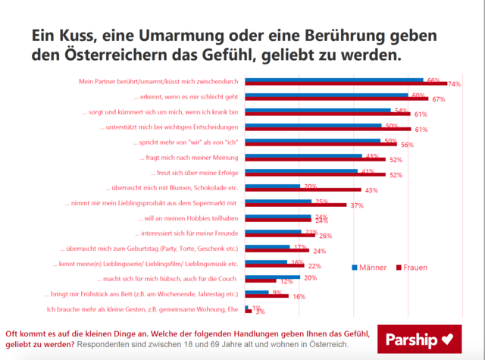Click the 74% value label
pos(455,83)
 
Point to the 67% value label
pos(438,99)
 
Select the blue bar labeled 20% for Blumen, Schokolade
pos(274,185)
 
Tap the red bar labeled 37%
pos(296,205)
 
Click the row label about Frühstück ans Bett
pos(142,294)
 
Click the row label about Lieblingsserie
pos(146,264)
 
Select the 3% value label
pos(260,311)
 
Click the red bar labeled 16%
pos(268,296)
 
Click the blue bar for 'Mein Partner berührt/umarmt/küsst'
pos(334,79)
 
